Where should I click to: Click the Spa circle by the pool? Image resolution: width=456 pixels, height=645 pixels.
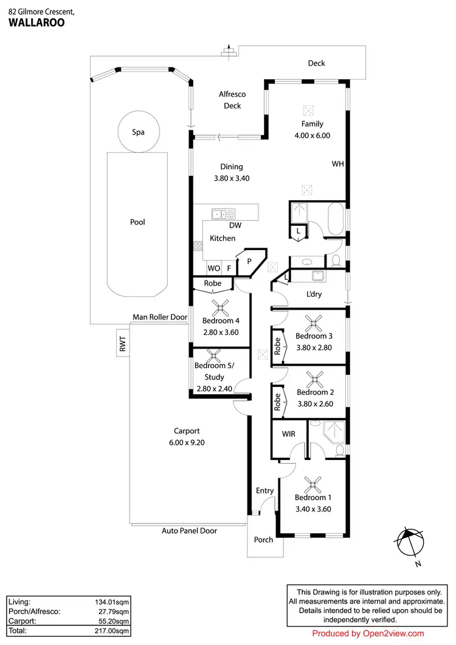[x=139, y=131]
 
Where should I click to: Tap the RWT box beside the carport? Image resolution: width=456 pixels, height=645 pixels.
[x=122, y=346]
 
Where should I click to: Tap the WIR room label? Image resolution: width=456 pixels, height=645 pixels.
[x=288, y=434]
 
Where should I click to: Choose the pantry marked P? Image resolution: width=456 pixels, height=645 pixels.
[x=249, y=261]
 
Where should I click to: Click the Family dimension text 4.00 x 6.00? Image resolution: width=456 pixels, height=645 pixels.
[x=312, y=136]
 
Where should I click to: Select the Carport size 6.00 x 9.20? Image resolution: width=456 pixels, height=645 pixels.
[x=187, y=442]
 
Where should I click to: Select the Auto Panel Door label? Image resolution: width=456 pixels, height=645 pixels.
[x=189, y=531]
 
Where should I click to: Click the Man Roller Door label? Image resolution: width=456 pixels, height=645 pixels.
[x=159, y=317]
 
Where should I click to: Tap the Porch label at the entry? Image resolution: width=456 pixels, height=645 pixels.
[x=263, y=540]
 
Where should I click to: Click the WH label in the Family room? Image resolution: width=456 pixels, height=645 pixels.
[x=337, y=164]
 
